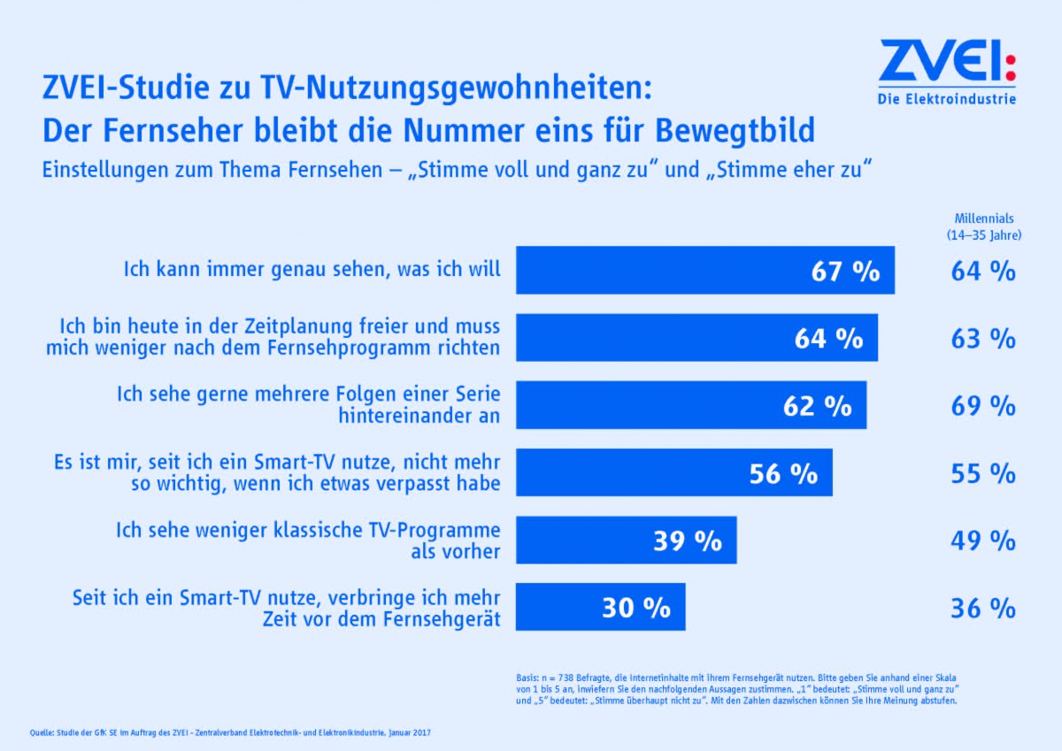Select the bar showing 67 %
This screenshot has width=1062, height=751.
(x=704, y=271)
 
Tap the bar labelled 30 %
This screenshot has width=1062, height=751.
(x=600, y=608)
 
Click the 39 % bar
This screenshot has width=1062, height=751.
(x=626, y=540)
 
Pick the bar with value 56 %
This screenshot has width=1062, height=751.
(x=673, y=473)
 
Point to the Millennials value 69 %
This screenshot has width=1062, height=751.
(x=983, y=406)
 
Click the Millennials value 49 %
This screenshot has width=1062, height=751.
(x=983, y=540)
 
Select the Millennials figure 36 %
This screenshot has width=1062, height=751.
(x=983, y=608)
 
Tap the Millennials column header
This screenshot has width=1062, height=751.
(x=983, y=226)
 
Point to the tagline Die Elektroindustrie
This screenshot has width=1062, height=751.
(x=947, y=98)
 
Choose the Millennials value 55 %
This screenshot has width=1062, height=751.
(x=983, y=473)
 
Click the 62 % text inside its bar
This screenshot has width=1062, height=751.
(x=817, y=406)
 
